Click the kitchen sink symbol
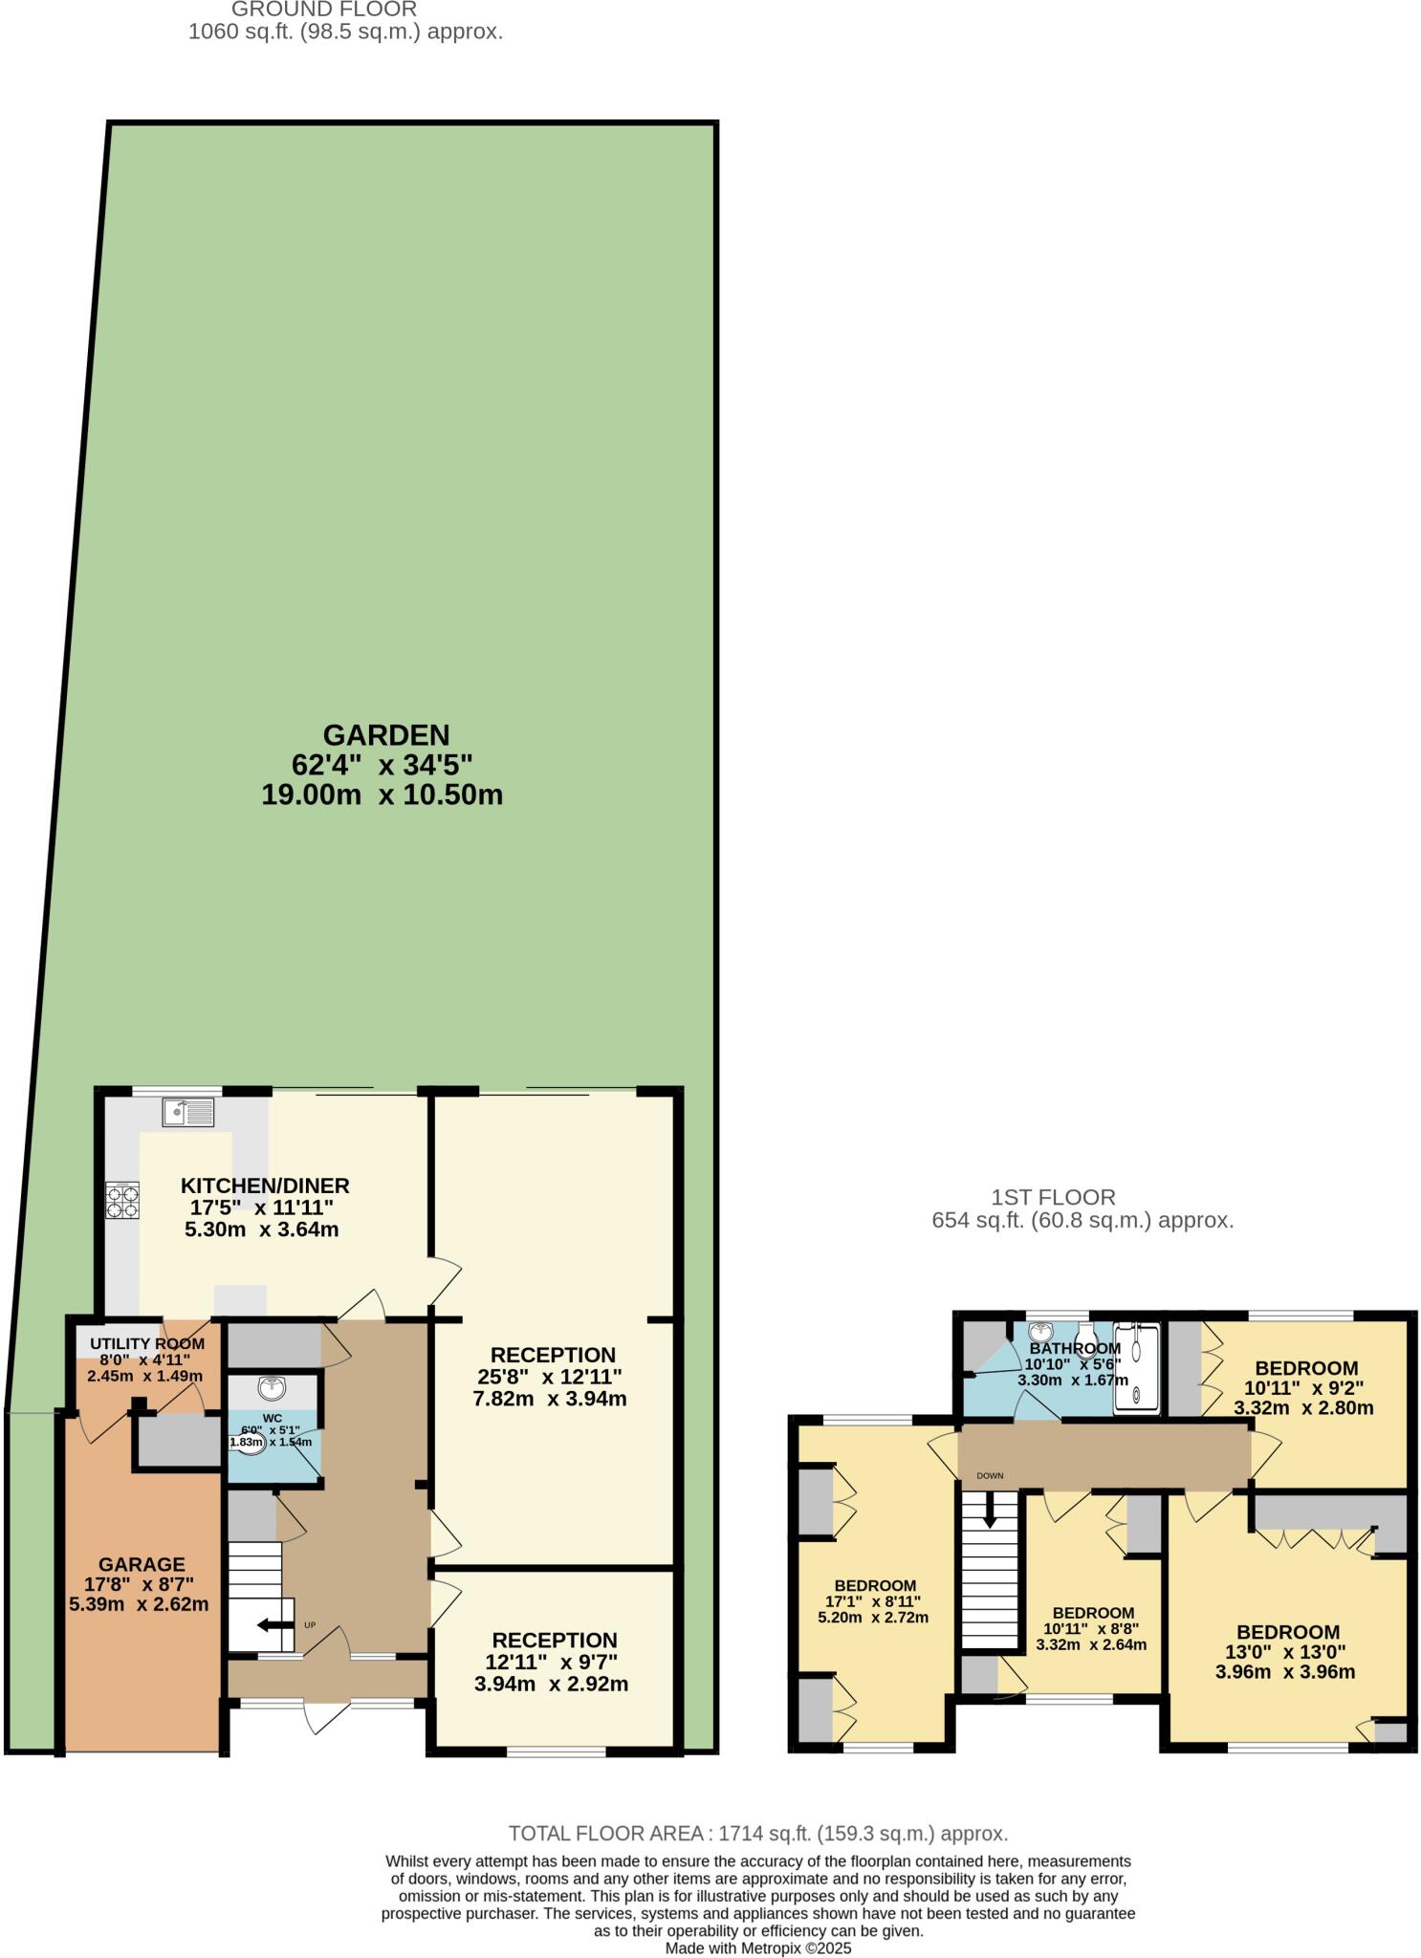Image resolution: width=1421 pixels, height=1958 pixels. [188, 1112]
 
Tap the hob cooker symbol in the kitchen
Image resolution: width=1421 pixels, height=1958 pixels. [122, 1200]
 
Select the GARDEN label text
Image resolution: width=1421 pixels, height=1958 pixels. [385, 735]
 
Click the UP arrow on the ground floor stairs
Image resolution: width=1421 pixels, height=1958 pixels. [275, 1624]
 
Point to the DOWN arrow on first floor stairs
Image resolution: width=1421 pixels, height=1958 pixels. [990, 1512]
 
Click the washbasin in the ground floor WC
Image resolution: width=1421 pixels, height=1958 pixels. [272, 1386]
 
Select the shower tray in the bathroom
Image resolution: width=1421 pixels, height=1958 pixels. [1136, 1368]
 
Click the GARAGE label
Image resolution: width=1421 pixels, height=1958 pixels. [142, 1564]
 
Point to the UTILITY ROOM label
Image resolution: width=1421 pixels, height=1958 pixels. [147, 1344]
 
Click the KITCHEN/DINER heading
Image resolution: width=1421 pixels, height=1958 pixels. [265, 1186]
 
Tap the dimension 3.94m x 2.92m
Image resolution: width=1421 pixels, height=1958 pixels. [551, 1684]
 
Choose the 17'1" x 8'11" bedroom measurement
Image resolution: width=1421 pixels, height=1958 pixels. [873, 1601]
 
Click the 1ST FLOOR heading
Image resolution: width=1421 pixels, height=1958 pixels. [1053, 1197]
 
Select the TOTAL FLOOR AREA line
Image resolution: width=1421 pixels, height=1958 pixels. [757, 1834]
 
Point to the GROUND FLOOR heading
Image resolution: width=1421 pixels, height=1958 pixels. [324, 10]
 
